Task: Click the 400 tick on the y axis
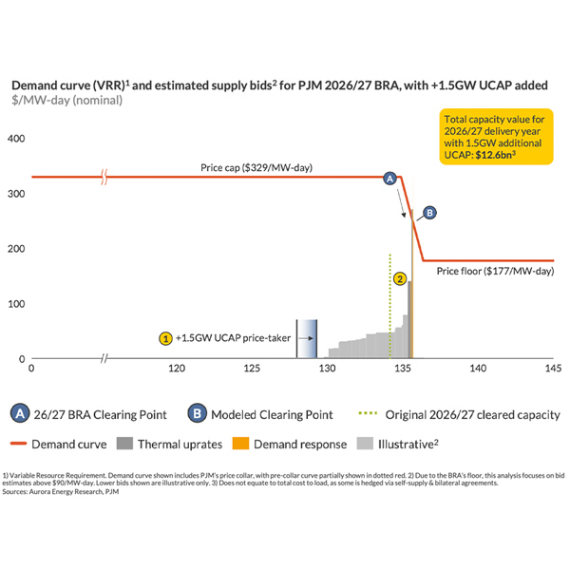point(15,139)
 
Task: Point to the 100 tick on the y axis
point(15,304)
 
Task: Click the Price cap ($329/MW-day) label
point(256,168)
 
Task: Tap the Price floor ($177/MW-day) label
point(494,272)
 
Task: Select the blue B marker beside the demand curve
point(429,213)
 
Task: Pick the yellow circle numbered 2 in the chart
point(401,279)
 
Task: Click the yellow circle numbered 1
point(165,337)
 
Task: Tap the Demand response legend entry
point(301,443)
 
